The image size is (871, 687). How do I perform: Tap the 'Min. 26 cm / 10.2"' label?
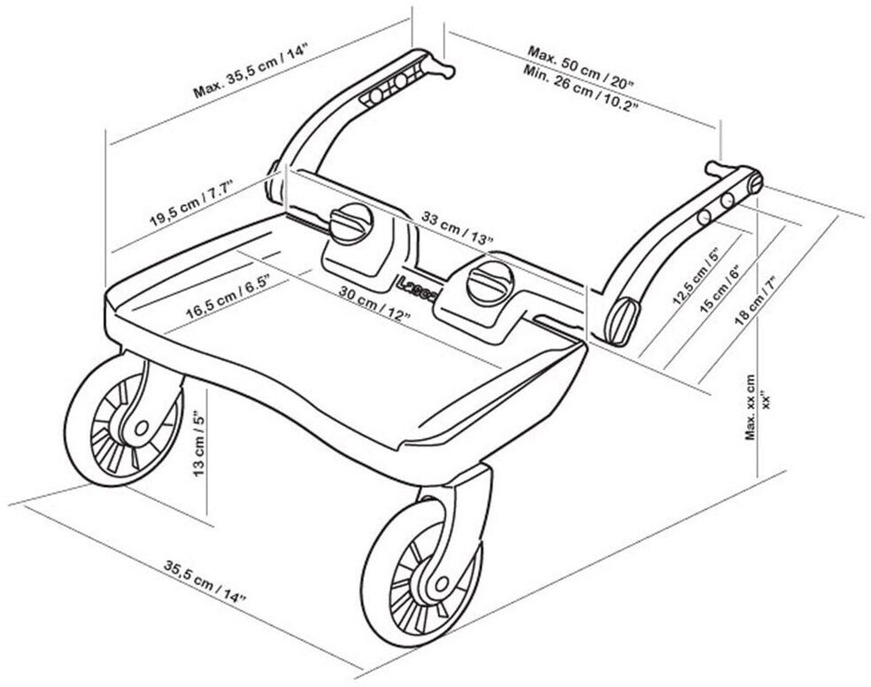pos(578,87)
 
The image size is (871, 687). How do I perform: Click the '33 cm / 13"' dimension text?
pos(457,228)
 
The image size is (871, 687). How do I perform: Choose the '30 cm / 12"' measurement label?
pos(375,303)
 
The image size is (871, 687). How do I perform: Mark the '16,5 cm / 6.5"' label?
pos(227,296)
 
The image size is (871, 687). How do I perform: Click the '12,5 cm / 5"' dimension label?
pos(696,276)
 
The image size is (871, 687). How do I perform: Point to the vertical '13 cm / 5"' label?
pos(199,444)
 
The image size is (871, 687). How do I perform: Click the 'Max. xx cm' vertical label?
pos(751,407)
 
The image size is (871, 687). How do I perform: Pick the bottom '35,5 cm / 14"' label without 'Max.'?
pos(204,581)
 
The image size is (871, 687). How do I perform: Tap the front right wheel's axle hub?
pos(442,583)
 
